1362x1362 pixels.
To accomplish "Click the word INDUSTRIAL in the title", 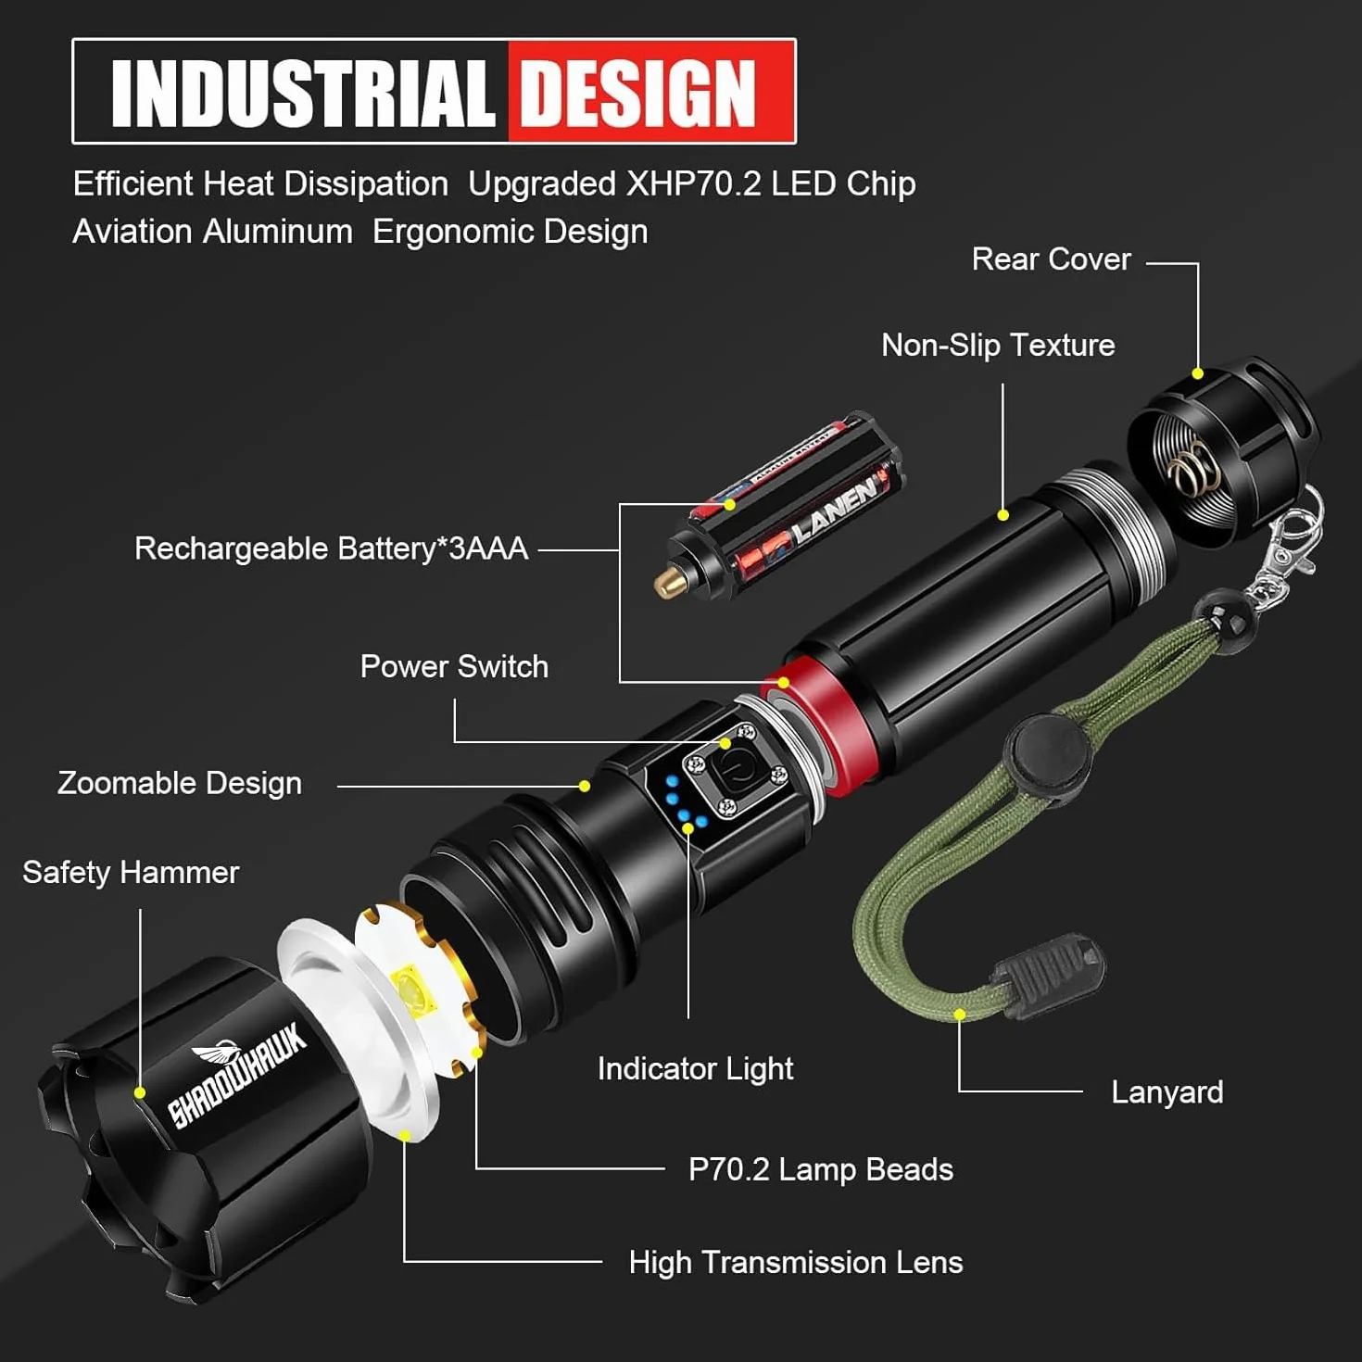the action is pyautogui.click(x=302, y=93).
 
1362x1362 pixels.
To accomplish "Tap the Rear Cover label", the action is pyautogui.click(x=1051, y=259).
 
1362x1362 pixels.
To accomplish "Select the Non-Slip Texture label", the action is pyautogui.click(x=998, y=346).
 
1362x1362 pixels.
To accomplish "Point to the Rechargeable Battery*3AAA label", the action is pyautogui.click(x=332, y=549).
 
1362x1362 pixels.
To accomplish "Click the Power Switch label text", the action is pyautogui.click(x=454, y=666).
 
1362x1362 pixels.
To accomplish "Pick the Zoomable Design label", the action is pyautogui.click(x=180, y=784).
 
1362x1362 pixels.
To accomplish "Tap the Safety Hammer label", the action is pyautogui.click(x=131, y=873).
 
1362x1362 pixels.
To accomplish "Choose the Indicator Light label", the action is pyautogui.click(x=696, y=1068).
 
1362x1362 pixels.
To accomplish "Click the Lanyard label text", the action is pyautogui.click(x=1167, y=1092).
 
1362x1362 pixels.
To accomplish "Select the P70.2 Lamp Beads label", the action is pyautogui.click(x=821, y=1170).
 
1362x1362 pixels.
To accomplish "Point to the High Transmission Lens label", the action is pyautogui.click(x=796, y=1262).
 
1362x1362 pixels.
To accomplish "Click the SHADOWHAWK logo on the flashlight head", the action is pyautogui.click(x=237, y=1075).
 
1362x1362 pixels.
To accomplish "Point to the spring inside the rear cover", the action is pyautogui.click(x=1193, y=469).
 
